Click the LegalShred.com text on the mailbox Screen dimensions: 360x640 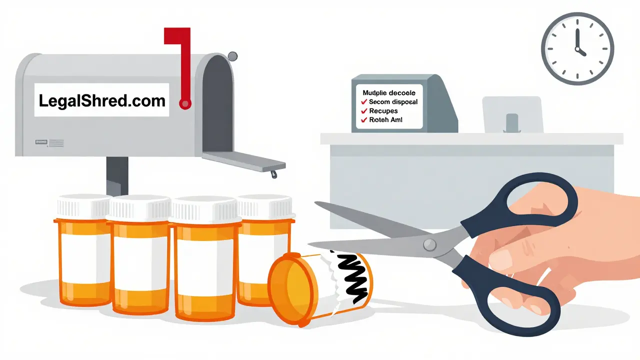point(102,101)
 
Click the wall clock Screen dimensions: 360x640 point(577,48)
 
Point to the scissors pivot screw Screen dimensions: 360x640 point(428,244)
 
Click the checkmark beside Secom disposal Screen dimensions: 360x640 point(364,102)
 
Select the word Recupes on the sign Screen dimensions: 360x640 point(383,111)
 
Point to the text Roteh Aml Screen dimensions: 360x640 point(385,120)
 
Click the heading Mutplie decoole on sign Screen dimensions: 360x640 point(389,93)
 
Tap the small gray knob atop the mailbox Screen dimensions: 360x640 point(232,56)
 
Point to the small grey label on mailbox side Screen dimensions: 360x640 point(49,143)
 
